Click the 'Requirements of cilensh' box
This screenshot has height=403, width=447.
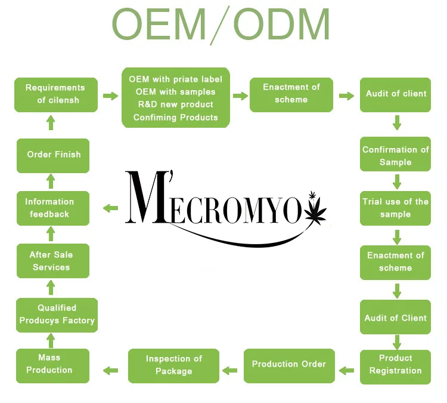click(55, 94)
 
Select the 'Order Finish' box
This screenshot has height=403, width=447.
click(54, 155)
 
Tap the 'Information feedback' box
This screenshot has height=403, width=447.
click(54, 208)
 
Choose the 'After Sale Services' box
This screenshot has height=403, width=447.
click(52, 261)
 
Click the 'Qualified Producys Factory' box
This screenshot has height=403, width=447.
click(56, 315)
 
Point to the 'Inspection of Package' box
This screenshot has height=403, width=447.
click(173, 365)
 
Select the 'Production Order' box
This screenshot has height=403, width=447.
click(288, 365)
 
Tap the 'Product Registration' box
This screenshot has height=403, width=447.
click(395, 365)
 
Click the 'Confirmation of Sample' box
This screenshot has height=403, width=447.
click(395, 156)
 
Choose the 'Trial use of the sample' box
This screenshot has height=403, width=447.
click(395, 208)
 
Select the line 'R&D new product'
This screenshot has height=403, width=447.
click(175, 104)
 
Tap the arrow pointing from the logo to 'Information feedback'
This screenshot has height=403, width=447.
click(111, 208)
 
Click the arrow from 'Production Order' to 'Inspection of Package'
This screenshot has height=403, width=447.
click(230, 370)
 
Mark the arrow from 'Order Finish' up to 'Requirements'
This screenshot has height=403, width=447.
click(51, 122)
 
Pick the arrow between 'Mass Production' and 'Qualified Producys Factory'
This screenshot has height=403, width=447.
click(51, 340)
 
